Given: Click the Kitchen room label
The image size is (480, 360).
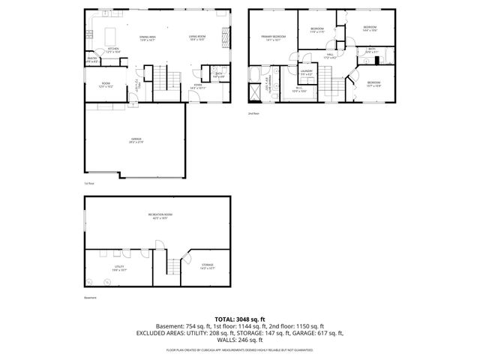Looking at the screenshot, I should pyautogui.click(x=113, y=49).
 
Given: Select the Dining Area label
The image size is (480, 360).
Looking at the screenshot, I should pyautogui.click(x=148, y=37).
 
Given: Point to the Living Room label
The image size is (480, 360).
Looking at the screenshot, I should pyautogui.click(x=198, y=37).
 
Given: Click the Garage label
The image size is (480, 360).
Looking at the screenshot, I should pyautogui.click(x=135, y=139).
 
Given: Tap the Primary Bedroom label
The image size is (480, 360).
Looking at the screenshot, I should pyautogui.click(x=274, y=37).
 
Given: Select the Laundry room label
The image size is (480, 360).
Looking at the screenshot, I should pyautogui.click(x=307, y=71).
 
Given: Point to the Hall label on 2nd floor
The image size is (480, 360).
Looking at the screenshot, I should pyautogui.click(x=331, y=55).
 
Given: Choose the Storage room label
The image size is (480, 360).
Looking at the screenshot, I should pyautogui.click(x=207, y=265).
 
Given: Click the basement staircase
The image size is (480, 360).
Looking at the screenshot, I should pyautogui.click(x=172, y=266).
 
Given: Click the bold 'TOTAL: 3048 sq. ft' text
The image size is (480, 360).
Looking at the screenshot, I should pyautogui.click(x=239, y=319).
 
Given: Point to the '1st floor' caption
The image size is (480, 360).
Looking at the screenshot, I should pyautogui.click(x=89, y=182).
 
